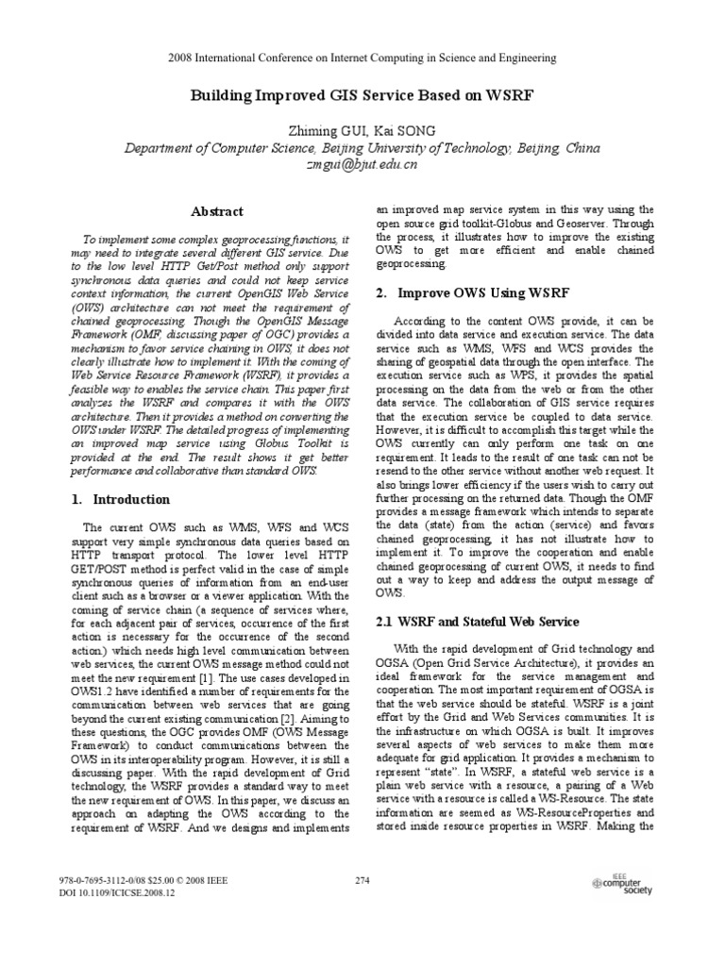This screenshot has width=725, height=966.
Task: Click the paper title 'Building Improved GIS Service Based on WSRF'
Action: point(362,95)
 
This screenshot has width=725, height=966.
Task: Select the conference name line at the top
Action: point(362,58)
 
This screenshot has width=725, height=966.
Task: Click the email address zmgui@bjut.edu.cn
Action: point(362,164)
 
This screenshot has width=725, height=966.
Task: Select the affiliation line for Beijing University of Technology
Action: point(362,147)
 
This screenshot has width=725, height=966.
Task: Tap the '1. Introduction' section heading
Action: point(122,499)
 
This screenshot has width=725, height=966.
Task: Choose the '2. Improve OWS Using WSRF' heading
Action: point(471,293)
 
